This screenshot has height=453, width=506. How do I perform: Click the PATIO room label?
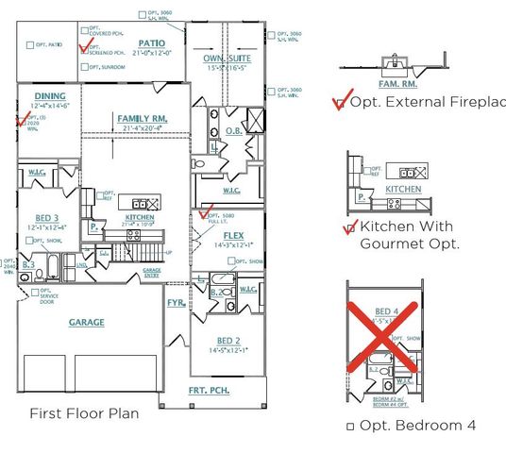[x=153, y=42]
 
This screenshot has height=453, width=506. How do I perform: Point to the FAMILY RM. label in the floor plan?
[x=142, y=118]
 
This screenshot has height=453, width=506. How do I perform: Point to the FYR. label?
[x=176, y=303]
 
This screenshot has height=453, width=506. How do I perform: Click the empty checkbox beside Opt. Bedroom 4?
[x=350, y=427]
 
